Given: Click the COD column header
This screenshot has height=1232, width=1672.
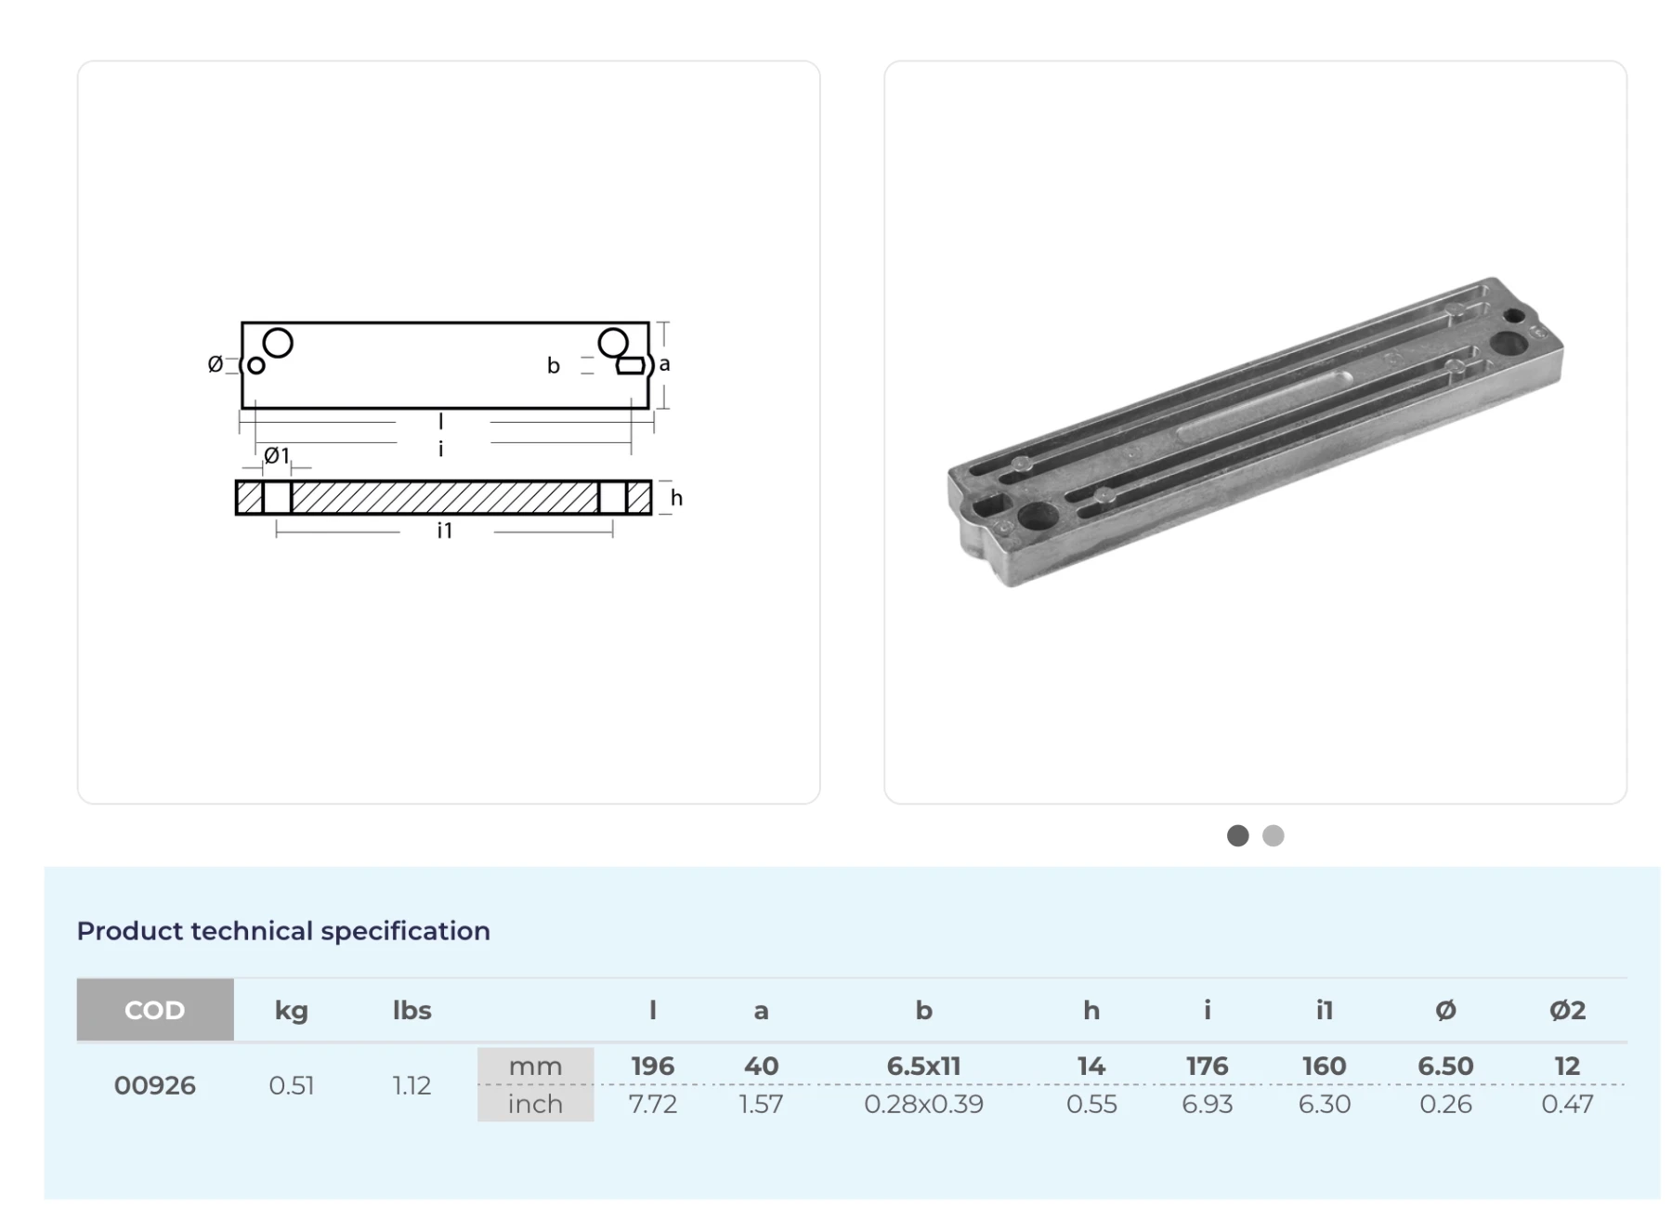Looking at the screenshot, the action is coord(155,1010).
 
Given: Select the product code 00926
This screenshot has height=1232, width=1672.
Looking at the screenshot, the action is coord(155,1085).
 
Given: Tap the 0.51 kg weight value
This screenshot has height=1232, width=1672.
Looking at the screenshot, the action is coord(291,1085).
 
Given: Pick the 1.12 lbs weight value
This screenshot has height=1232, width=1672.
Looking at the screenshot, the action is coord(411,1085).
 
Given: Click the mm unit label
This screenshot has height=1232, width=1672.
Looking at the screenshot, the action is coord(535,1067).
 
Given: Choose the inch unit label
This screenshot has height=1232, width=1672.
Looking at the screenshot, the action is coord(535,1104).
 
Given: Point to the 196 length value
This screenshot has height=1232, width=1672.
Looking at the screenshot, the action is coord(652,1066).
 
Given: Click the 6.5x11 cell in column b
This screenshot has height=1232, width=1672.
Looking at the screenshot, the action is coord(923,1066).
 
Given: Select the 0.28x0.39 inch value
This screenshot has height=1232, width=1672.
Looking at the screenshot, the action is coord(923,1104).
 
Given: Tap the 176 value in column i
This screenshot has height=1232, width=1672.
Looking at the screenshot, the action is coord(1207,1066).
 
